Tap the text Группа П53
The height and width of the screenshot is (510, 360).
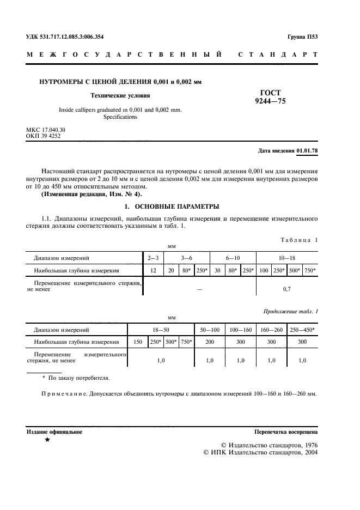[302, 37]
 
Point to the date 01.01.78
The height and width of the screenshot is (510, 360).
[308, 150]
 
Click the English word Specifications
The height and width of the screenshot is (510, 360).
[120, 117]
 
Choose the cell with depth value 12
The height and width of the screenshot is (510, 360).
[154, 270]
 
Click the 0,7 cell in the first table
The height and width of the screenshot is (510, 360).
[287, 289]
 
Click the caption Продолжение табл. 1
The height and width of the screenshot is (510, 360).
[290, 311]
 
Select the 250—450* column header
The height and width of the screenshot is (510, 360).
[303, 330]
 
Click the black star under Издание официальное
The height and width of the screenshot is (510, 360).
[47, 440]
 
